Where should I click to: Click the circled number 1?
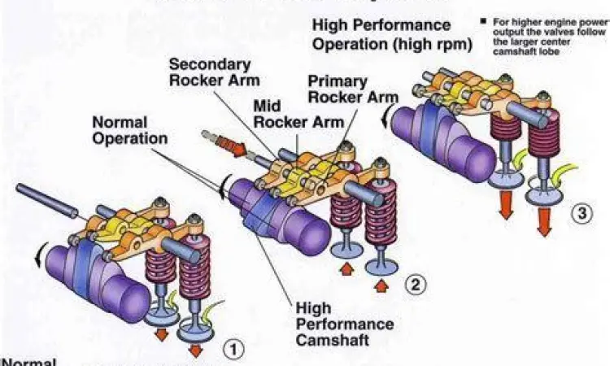(x=233, y=350)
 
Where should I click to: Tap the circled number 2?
(x=414, y=285)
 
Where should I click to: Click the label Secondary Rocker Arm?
(x=214, y=72)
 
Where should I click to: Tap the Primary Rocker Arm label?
(x=353, y=89)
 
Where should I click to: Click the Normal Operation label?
(x=129, y=130)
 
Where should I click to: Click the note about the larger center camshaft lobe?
(x=550, y=37)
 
